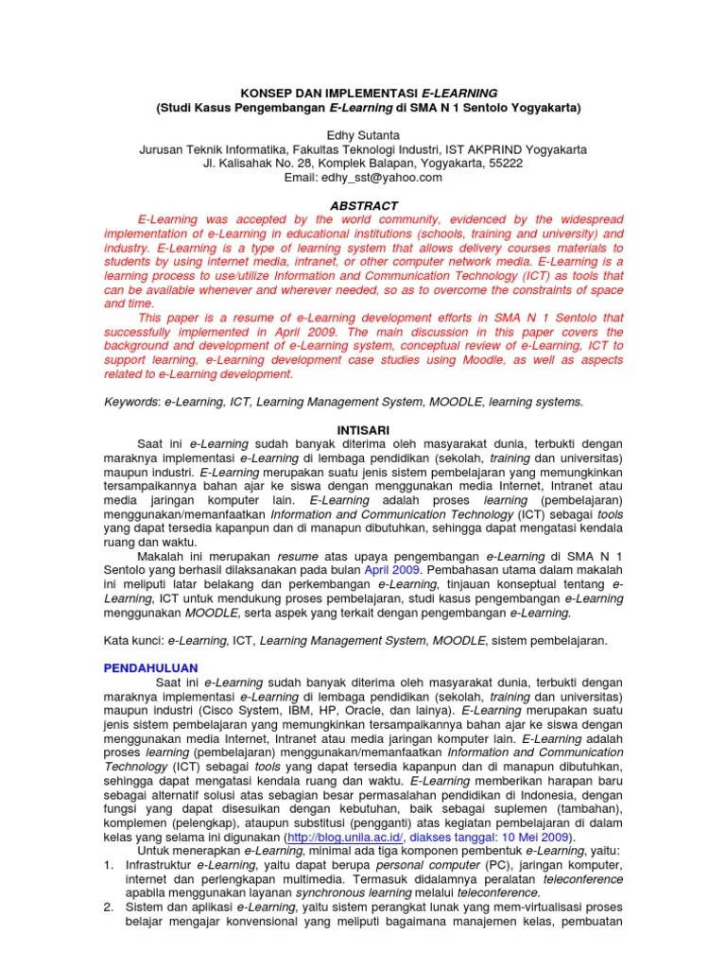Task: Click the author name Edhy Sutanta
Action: coord(362,135)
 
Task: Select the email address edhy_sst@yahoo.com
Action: coord(389,177)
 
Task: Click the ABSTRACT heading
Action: coord(363,205)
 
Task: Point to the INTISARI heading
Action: coord(363,429)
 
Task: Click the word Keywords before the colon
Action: coord(130,402)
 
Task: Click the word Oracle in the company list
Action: coord(370,709)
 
